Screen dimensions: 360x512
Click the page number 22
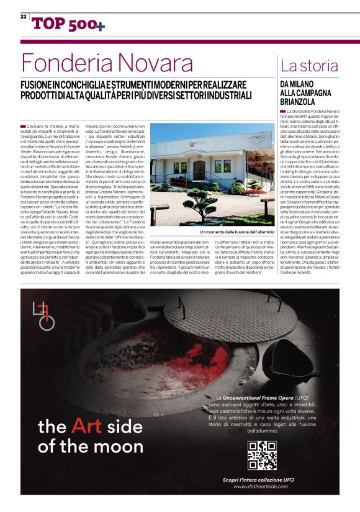coord(23,16)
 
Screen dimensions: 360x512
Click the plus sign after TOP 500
coord(101,25)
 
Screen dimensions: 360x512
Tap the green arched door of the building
coord(199,171)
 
